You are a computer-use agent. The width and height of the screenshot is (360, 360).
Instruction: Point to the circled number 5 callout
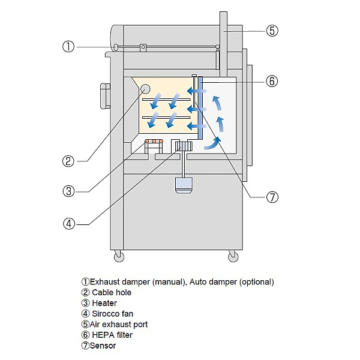click(x=272, y=30)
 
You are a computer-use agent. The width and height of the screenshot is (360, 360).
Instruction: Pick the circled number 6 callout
click(x=272, y=81)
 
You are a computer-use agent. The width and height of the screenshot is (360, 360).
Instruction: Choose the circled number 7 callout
click(x=272, y=197)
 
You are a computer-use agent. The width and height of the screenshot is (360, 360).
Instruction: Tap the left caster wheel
click(x=118, y=257)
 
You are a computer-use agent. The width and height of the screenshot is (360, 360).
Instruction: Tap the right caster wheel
click(x=233, y=257)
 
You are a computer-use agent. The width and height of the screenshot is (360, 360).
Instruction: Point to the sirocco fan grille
click(x=182, y=146)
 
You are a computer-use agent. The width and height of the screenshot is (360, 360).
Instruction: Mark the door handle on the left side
click(x=104, y=94)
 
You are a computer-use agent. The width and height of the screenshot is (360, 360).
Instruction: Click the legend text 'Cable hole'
click(x=111, y=292)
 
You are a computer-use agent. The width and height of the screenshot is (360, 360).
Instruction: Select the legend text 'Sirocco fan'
click(x=112, y=313)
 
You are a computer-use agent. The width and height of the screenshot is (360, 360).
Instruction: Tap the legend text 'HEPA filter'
click(x=112, y=335)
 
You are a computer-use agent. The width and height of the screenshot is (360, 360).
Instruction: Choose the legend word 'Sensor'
click(x=103, y=346)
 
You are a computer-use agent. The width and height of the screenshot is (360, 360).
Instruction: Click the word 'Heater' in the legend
click(x=104, y=303)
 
